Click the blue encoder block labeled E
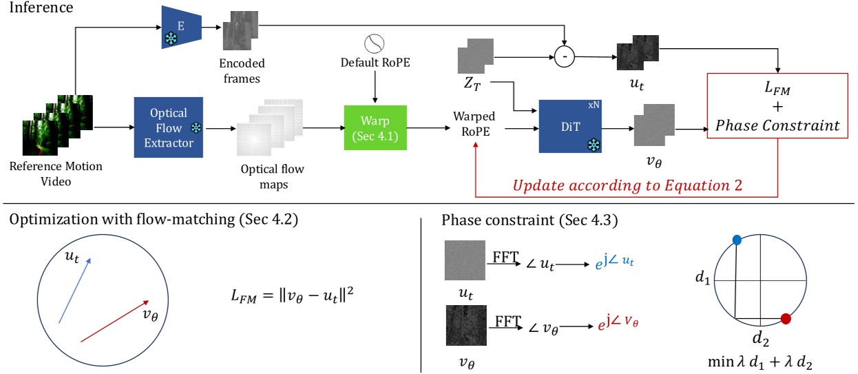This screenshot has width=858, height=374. pyautogui.click(x=180, y=28)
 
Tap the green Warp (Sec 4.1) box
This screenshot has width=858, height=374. pyautogui.click(x=375, y=127)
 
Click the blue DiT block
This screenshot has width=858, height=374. pyautogui.click(x=571, y=127)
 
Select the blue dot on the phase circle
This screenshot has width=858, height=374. pyautogui.click(x=737, y=240)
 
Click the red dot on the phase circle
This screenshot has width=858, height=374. pyautogui.click(x=786, y=319)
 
